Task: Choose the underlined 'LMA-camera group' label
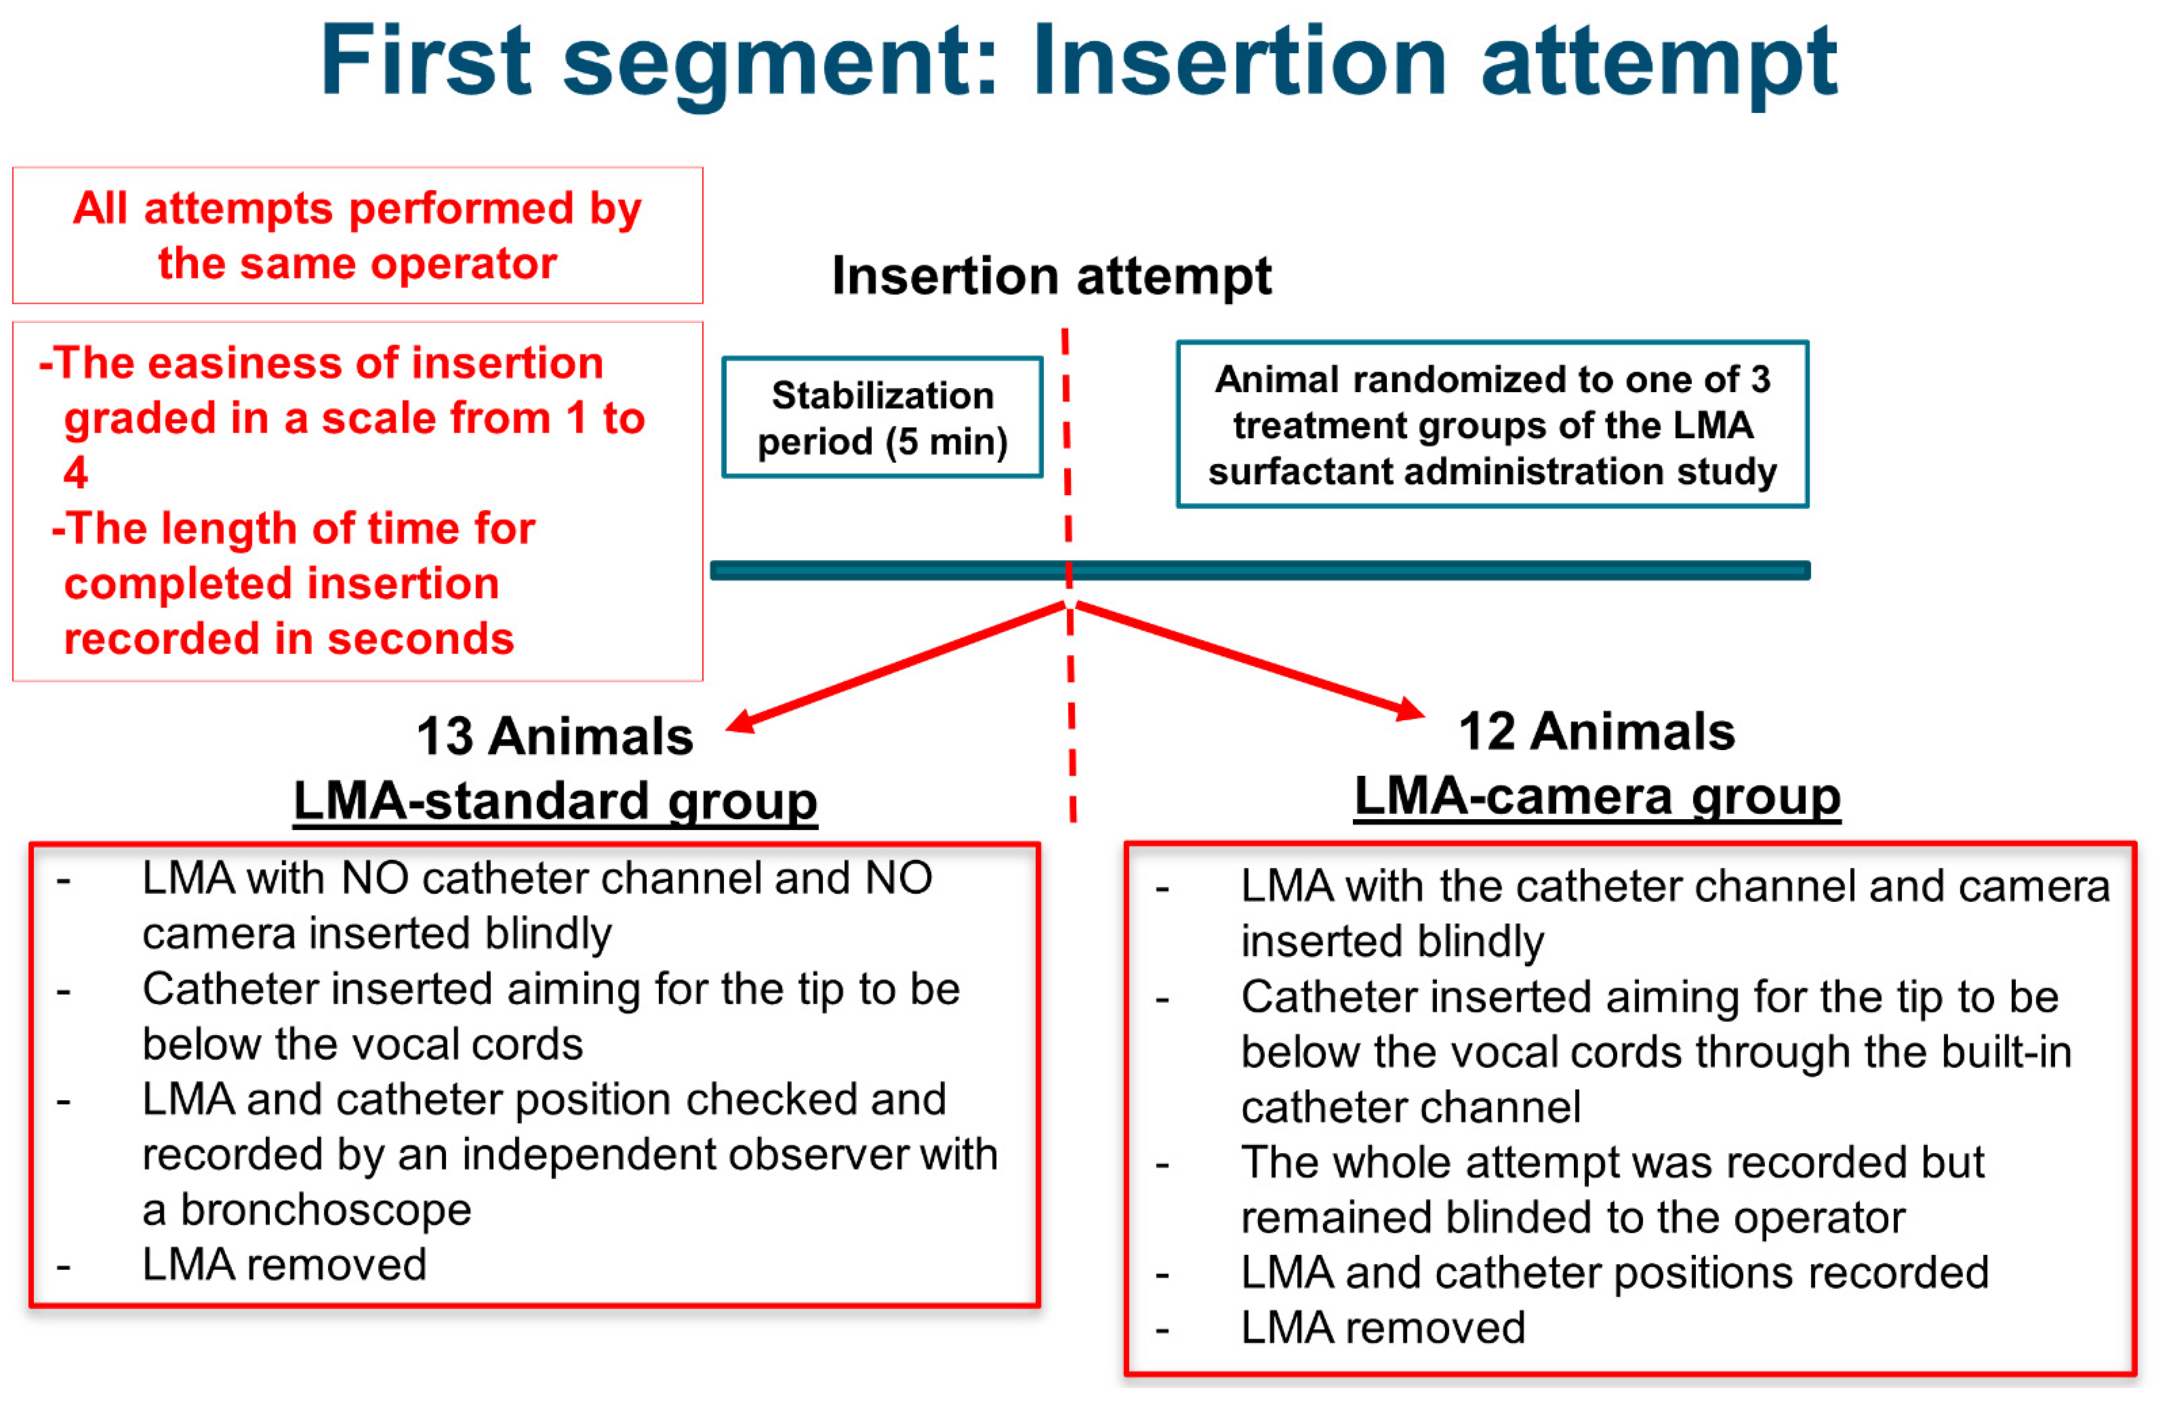click(x=1597, y=797)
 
